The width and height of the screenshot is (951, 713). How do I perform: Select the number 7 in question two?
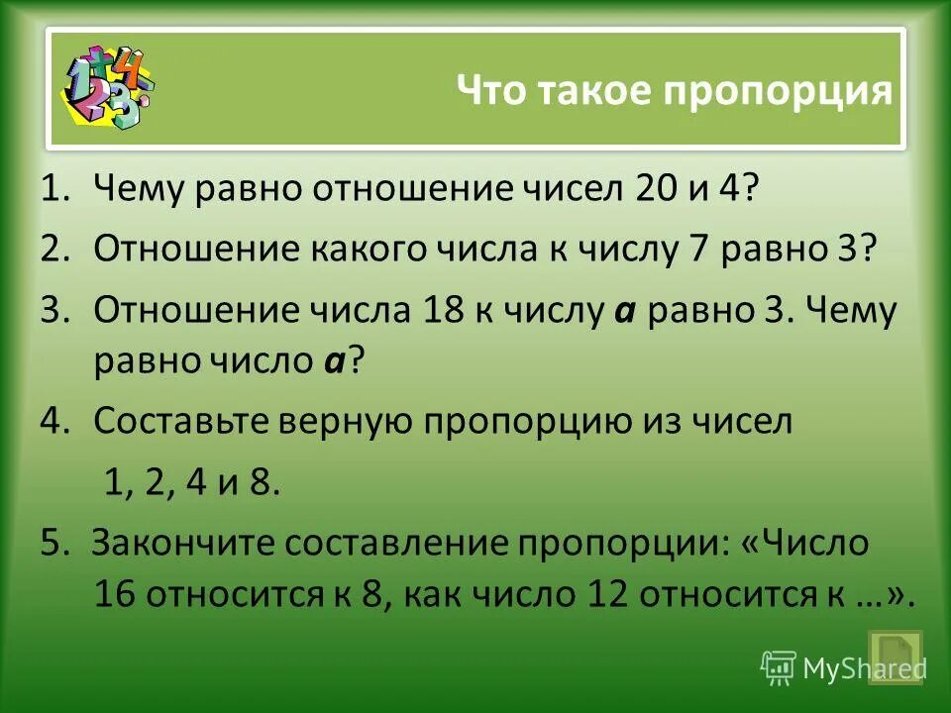[x=694, y=250]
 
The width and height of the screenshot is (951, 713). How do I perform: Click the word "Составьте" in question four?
[x=175, y=422]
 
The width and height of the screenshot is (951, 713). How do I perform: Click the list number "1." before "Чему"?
[x=54, y=189]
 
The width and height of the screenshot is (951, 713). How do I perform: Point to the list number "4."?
[x=54, y=422]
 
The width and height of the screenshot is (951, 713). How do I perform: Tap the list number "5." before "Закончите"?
[x=54, y=544]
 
